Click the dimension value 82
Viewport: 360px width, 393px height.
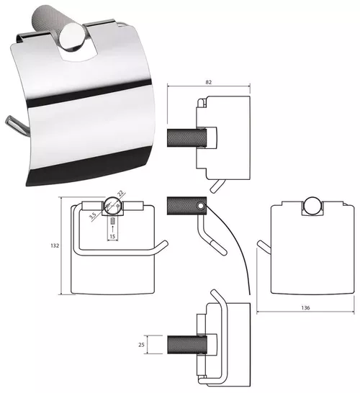pyautogui.click(x=209, y=82)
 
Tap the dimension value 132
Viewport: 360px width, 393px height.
pyautogui.click(x=55, y=245)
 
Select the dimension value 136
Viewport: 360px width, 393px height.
pyautogui.click(x=305, y=307)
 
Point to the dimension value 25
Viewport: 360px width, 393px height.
pyautogui.click(x=141, y=345)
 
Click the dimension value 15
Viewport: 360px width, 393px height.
pyautogui.click(x=112, y=236)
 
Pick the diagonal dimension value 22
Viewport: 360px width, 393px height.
pyautogui.click(x=120, y=193)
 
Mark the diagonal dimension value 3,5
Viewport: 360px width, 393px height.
pyautogui.click(x=92, y=216)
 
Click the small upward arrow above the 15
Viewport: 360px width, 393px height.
pyautogui.click(x=112, y=229)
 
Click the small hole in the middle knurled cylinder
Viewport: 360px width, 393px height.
pyautogui.click(x=200, y=206)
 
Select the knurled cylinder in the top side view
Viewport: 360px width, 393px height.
pyautogui.click(x=186, y=138)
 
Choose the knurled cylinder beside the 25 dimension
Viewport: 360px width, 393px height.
pyautogui.click(x=187, y=345)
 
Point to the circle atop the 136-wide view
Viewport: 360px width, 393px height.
pyautogui.click(x=312, y=206)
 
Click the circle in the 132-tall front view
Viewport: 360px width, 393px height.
pyautogui.click(x=113, y=205)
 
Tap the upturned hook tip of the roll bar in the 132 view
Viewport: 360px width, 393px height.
pyautogui.click(x=165, y=243)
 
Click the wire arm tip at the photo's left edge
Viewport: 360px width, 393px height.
pyautogui.click(x=8, y=120)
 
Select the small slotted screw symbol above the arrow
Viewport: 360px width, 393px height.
pyautogui.click(x=112, y=221)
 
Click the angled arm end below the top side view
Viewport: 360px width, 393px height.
pyautogui.click(x=217, y=186)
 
